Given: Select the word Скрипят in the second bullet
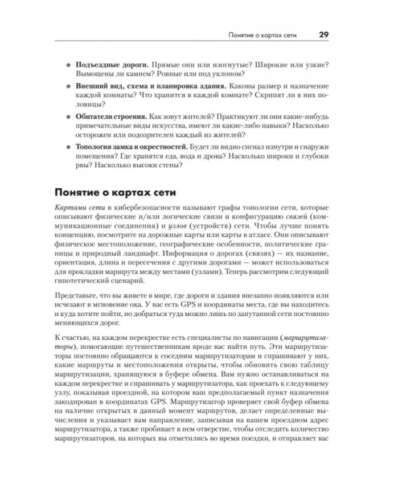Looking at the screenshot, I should pyautogui.click(x=263, y=96).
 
